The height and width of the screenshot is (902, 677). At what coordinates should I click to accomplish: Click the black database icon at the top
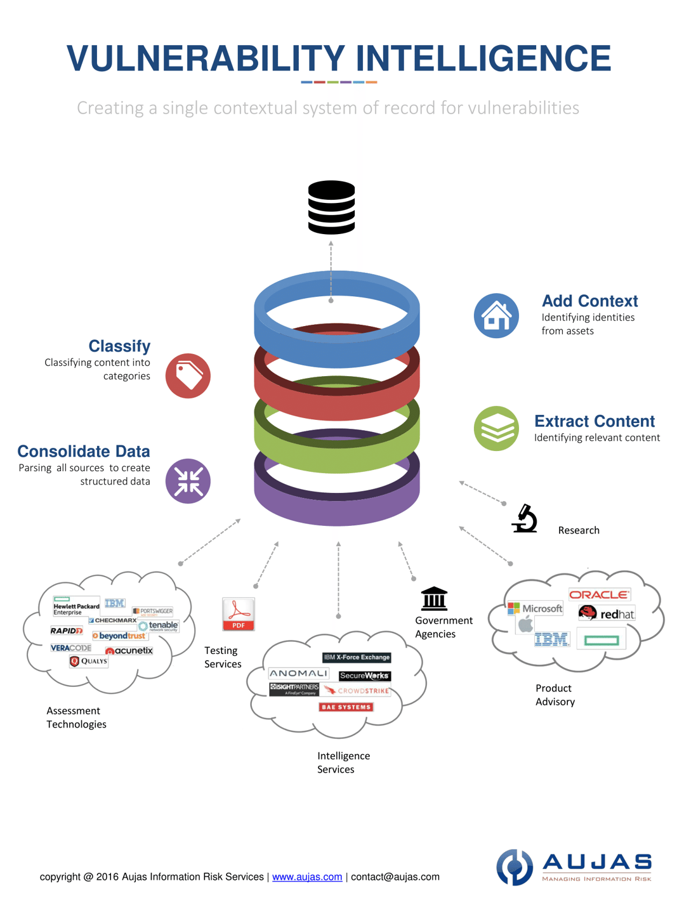pos(331,207)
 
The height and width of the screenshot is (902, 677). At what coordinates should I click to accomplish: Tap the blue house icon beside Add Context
pos(496,316)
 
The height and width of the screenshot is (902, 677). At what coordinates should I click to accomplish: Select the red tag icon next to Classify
pos(188,376)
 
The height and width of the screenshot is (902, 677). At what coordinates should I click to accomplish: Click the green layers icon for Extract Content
pos(496,429)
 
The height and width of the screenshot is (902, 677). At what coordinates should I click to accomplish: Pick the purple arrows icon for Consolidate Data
pos(188,481)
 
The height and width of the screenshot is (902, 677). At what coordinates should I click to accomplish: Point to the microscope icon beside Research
pos(525,518)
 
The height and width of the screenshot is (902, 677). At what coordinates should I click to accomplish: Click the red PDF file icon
pos(239,614)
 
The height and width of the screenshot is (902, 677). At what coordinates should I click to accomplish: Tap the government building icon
pos(434,598)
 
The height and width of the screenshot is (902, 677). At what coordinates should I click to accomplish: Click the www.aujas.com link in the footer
pos(307,877)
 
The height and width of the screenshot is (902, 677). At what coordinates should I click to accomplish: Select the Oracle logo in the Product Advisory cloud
pos(599,594)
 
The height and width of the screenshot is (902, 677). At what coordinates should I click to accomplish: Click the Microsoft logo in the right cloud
pos(536,608)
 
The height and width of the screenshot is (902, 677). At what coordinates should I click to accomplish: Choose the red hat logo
pos(607,613)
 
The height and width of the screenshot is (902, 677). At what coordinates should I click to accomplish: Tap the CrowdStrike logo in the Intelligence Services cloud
pos(357,691)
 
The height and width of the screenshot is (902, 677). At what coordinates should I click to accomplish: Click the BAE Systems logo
pos(346,707)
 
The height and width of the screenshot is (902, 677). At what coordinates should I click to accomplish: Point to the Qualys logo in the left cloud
pos(89,661)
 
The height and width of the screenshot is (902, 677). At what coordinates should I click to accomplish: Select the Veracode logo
pos(71,648)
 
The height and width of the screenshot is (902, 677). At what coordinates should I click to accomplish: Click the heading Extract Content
pos(594,421)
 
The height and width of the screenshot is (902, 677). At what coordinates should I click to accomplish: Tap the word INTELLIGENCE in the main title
pos(483,58)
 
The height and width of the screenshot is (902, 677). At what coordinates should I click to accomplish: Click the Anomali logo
pos(298,673)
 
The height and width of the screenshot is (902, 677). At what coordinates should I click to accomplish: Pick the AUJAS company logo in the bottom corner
pos(574,867)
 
